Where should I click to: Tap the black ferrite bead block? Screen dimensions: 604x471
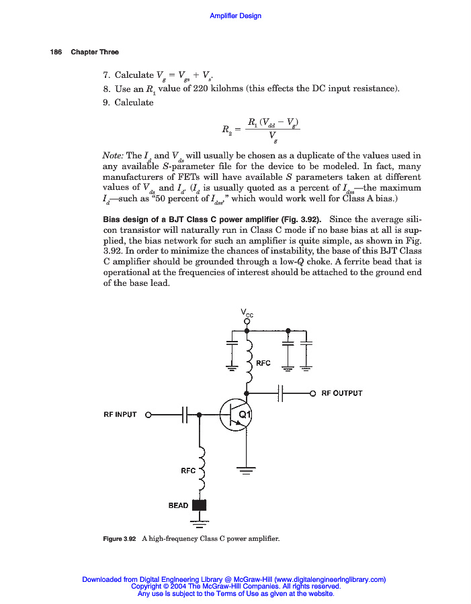coord(199,505)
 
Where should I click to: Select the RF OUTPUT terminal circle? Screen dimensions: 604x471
coord(312,393)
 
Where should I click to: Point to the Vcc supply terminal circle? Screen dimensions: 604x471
coord(247,321)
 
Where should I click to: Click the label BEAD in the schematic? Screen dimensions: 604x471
coord(178,505)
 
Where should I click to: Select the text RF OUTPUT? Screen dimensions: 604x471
coord(341,393)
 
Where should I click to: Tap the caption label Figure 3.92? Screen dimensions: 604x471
coord(120,539)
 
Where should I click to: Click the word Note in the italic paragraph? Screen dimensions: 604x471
coord(114,155)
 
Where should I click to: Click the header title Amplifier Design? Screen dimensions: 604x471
coord(235,15)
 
